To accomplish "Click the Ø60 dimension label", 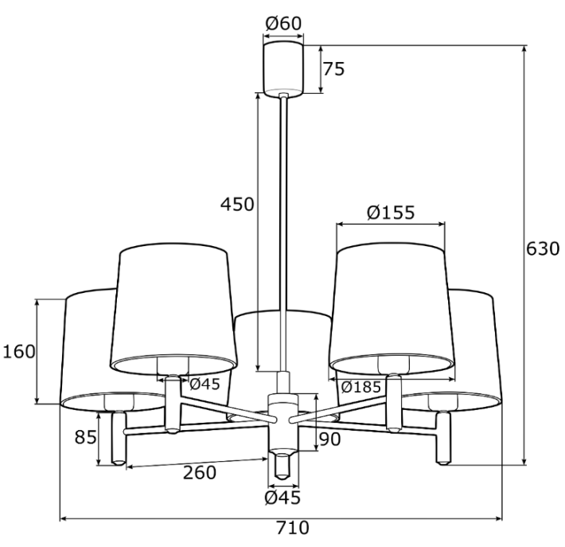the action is pos(283,24).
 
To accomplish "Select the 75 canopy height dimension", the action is pos(333,68).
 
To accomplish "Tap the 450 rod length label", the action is pos(237,205).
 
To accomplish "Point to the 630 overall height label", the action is pos(543,248).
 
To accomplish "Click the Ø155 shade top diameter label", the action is pos(391,213).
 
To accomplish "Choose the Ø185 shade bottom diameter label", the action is pos(360,387).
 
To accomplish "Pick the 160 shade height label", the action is pos(19,352).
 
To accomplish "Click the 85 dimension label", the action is pos(86,437).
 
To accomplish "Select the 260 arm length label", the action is pos(200,472).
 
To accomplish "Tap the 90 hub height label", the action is pos(329,440).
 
